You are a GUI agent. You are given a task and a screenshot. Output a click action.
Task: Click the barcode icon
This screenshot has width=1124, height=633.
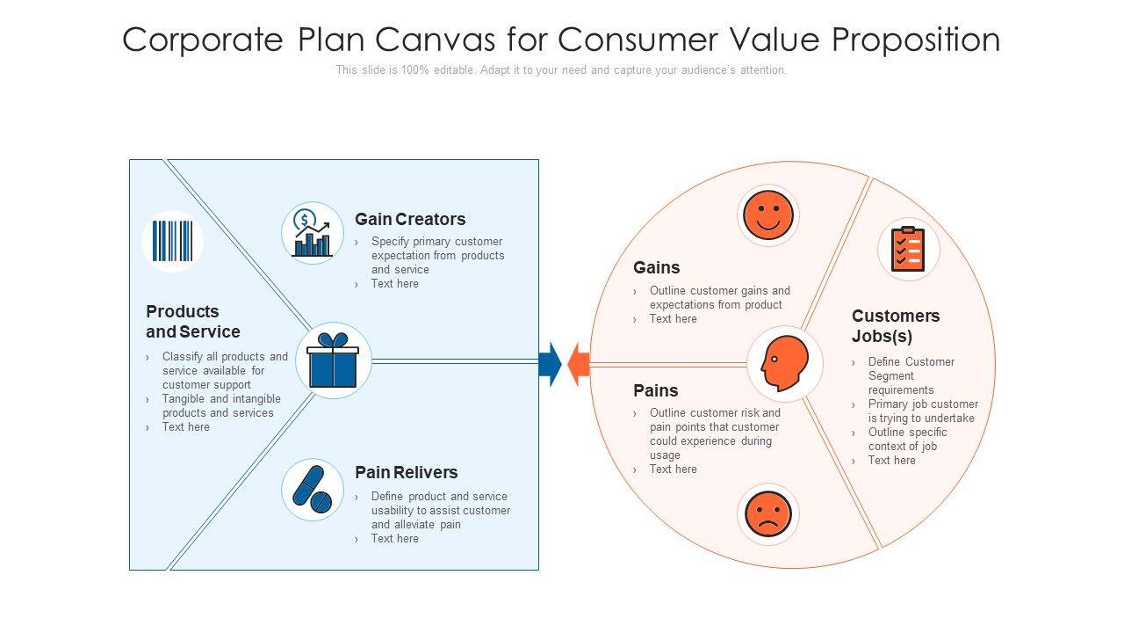click(x=172, y=241)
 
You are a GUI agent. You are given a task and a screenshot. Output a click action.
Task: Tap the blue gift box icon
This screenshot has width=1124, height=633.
click(x=333, y=360)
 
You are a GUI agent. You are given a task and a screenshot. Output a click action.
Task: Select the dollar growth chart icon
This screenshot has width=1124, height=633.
click(x=312, y=233)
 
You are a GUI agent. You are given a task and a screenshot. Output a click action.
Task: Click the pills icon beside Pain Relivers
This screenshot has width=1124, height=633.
click(x=312, y=489)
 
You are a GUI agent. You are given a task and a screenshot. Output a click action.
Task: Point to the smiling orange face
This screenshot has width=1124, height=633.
click(x=768, y=215)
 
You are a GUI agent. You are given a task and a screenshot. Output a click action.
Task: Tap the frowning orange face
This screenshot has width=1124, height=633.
click(x=768, y=514)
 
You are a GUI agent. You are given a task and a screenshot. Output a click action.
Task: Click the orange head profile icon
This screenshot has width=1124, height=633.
click(x=784, y=363)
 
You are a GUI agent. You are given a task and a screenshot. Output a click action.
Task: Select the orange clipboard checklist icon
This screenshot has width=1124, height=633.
click(x=908, y=249)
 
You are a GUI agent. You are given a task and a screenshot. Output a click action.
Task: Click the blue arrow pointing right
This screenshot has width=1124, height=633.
click(x=551, y=363)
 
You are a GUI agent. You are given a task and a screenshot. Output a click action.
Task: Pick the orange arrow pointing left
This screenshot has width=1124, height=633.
click(x=578, y=363)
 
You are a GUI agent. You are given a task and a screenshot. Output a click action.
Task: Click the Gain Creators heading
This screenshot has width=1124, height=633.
click(x=410, y=219)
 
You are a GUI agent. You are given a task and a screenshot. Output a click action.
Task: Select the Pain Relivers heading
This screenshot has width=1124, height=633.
click(x=406, y=472)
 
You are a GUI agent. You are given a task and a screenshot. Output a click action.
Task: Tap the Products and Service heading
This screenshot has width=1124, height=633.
click(x=193, y=322)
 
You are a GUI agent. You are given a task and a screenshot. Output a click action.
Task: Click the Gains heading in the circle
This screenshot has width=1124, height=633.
click(x=657, y=267)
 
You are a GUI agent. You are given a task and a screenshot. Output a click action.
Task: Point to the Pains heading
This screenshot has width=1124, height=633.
click(x=656, y=390)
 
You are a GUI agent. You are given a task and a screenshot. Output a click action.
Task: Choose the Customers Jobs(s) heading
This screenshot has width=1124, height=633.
click(x=896, y=325)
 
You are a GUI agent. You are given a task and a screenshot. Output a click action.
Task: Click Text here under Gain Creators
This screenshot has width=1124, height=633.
click(x=394, y=284)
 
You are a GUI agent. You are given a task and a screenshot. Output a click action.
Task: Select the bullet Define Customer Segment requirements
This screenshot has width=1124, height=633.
click(x=911, y=375)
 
